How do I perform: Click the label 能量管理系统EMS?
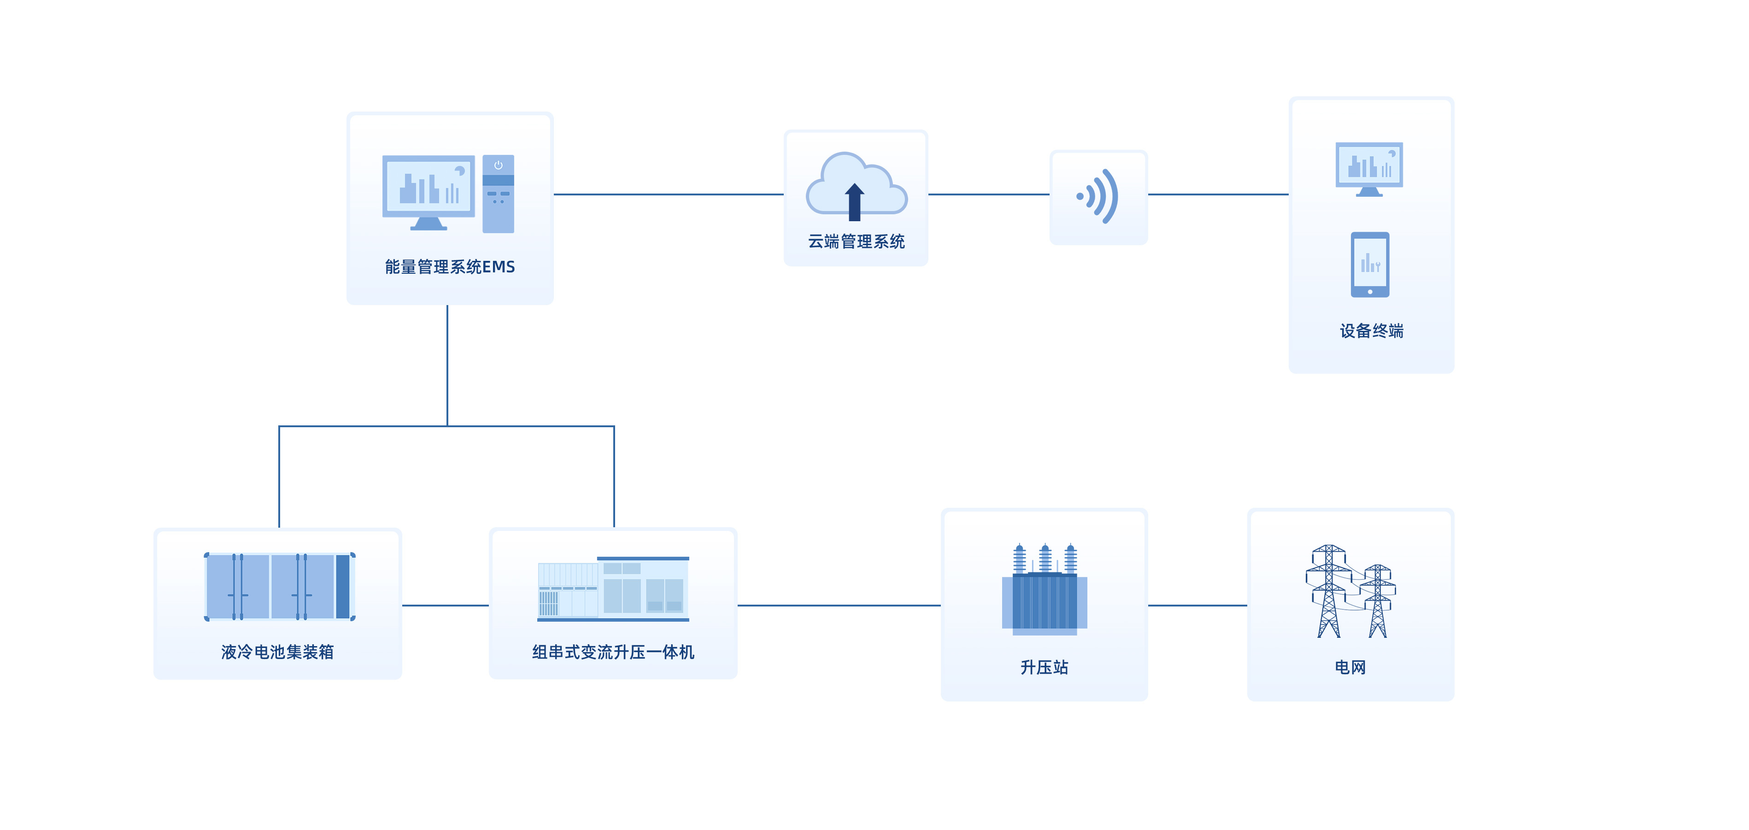pos(450,267)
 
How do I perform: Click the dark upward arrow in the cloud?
pos(854,202)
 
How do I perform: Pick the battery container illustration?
pos(279,586)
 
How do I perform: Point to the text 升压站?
pos(1044,667)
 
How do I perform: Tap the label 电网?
pos(1350,667)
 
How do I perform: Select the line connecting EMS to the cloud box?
pos(669,194)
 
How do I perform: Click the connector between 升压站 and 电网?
pos(1197,605)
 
